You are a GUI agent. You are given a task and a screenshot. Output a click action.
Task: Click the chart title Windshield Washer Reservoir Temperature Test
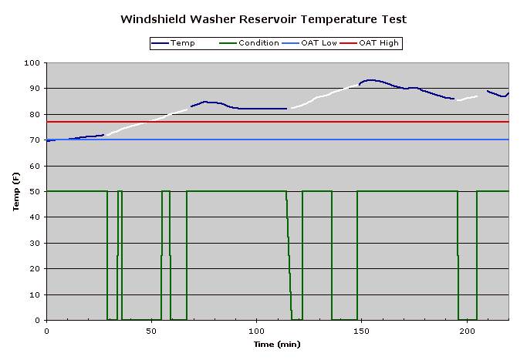(x=263, y=19)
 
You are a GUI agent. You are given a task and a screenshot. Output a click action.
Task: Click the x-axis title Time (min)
(x=278, y=344)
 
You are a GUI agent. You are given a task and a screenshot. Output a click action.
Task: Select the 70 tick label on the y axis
(x=35, y=140)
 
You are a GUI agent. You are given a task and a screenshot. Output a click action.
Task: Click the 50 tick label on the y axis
(x=35, y=192)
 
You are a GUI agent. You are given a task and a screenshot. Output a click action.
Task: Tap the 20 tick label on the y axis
(x=35, y=269)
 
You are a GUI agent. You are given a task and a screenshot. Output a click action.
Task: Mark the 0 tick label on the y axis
(x=38, y=321)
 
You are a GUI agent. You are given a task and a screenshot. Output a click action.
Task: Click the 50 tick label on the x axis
(x=151, y=330)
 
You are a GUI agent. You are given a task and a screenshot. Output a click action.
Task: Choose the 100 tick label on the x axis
(x=256, y=330)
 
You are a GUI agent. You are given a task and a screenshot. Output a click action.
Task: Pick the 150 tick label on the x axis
(x=361, y=330)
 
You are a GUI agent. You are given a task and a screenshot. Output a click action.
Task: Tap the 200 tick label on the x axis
(x=466, y=330)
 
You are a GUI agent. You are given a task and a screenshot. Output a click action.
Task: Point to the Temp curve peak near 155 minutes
(x=372, y=80)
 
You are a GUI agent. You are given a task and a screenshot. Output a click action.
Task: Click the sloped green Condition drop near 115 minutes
(x=289, y=254)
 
